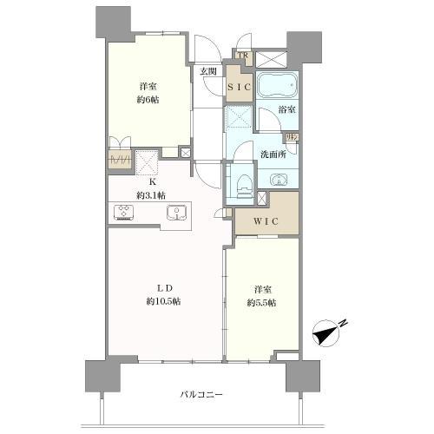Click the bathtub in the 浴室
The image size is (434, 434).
(x=278, y=87)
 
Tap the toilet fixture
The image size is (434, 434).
(x=243, y=182)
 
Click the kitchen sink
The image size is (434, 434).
(x=176, y=213)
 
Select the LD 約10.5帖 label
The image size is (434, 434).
(x=164, y=294)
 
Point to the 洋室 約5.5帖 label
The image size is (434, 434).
(x=261, y=296)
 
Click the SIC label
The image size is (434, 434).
(x=239, y=87)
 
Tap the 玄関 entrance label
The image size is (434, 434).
(x=207, y=73)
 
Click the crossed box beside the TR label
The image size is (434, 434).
(x=270, y=58)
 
